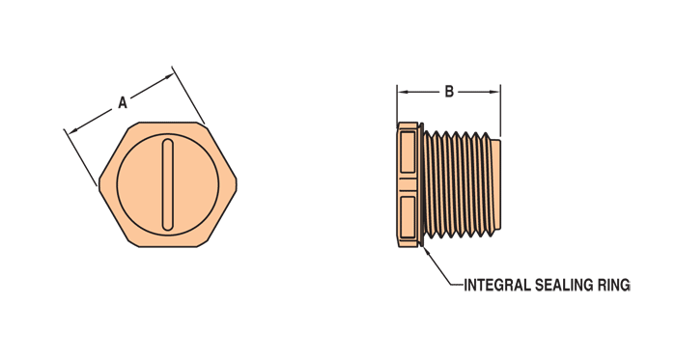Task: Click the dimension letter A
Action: pyautogui.click(x=123, y=100)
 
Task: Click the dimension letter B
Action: pyautogui.click(x=449, y=93)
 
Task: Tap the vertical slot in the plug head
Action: pyautogui.click(x=168, y=185)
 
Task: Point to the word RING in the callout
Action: pyautogui.click(x=615, y=285)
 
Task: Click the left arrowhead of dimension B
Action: pyautogui.click(x=402, y=93)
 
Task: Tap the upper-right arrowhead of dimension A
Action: pyautogui.click(x=170, y=73)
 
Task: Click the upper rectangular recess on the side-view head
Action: pyautogui.click(x=406, y=153)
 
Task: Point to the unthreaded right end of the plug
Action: pyautogui.click(x=495, y=185)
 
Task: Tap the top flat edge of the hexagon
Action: pyautogui.click(x=168, y=124)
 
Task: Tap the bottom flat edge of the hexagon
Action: pyautogui.click(x=168, y=247)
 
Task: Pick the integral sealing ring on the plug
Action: pyautogui.click(x=421, y=185)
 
